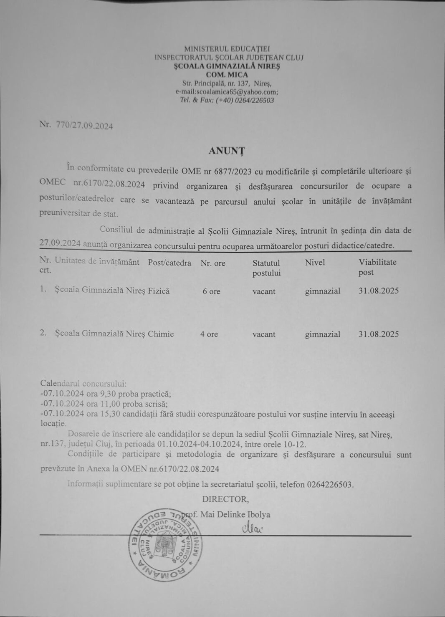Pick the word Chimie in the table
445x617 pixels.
[161, 334]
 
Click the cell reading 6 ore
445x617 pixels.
[211, 291]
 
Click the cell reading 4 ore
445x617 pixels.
[209, 334]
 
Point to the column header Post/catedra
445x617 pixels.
[169, 263]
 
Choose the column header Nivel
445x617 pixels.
[315, 263]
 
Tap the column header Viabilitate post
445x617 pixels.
[377, 267]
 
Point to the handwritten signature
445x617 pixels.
[250, 529]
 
